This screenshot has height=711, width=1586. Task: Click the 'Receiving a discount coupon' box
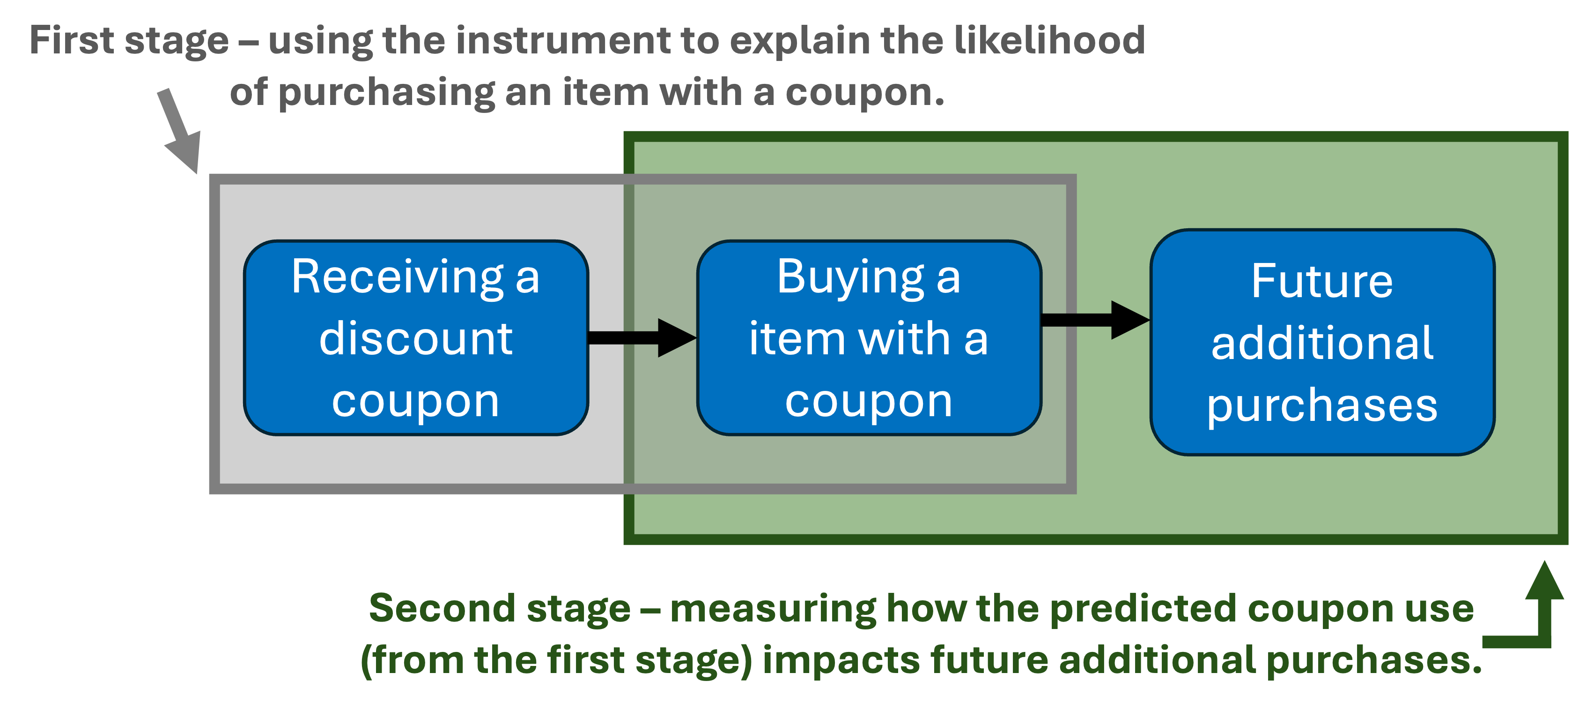click(416, 337)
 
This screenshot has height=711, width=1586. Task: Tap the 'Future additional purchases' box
click(1322, 342)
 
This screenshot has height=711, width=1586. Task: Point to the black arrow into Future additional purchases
click(1096, 320)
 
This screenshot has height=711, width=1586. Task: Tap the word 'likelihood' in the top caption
click(1049, 41)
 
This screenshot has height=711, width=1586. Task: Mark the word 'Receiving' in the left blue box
click(398, 278)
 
